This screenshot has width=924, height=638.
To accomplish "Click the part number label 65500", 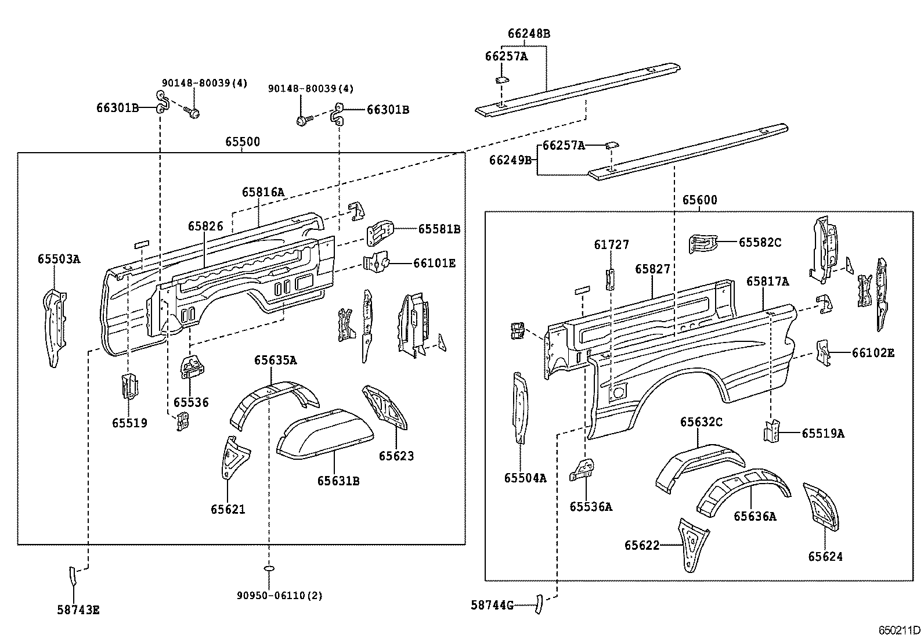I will click(243, 142).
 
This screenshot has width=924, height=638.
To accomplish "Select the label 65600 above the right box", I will click(699, 200).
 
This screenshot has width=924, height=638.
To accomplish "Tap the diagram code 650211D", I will click(899, 630).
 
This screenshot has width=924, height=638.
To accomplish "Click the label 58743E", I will click(78, 610).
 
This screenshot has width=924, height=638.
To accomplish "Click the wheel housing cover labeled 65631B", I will click(325, 435).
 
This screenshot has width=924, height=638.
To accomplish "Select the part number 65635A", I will click(275, 361).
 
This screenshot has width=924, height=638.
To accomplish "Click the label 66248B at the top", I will click(529, 34).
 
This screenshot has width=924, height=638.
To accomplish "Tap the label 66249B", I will click(510, 160).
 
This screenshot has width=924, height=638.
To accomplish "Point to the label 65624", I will click(825, 557).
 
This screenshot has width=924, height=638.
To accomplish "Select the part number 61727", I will click(611, 245).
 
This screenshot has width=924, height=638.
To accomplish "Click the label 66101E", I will click(434, 264).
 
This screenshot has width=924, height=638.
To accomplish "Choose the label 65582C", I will click(760, 242).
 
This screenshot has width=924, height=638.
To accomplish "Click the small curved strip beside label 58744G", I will click(539, 604).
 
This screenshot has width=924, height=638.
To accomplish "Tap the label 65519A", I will click(823, 433).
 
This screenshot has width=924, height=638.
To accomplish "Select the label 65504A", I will click(525, 478).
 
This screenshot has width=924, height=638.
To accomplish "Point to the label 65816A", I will click(264, 192).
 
